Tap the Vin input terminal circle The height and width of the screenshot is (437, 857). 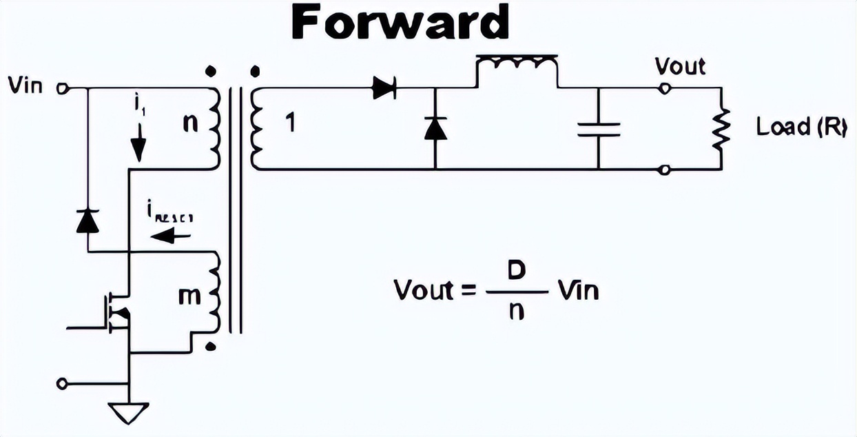point(61,88)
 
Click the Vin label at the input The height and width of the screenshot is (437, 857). point(25,86)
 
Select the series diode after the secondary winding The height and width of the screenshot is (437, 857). point(384,88)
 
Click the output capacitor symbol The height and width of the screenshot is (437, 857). point(599,129)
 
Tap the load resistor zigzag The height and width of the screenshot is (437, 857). point(721,129)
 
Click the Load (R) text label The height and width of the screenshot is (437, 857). point(801,128)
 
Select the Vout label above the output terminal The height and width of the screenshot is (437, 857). point(680,67)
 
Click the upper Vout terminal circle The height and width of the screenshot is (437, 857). point(664,88)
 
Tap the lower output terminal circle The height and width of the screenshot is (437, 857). point(664,170)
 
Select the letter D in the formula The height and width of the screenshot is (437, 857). point(517,270)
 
